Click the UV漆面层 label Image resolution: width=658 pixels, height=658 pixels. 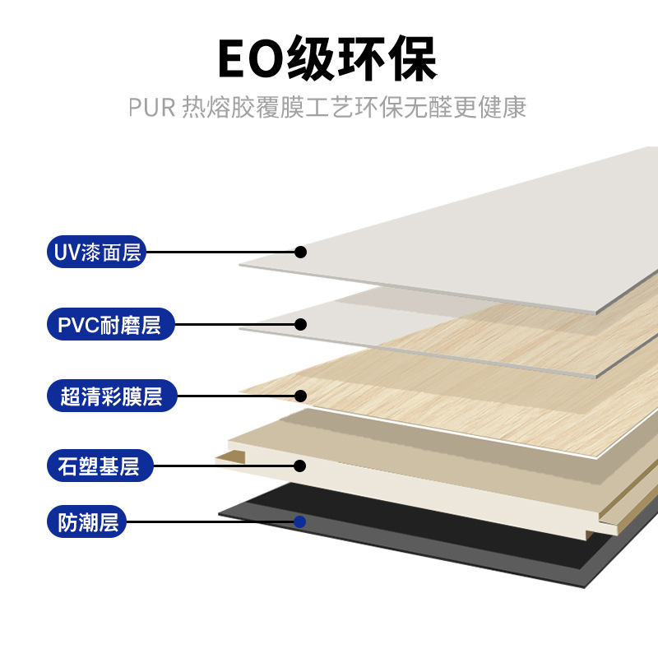click(x=96, y=252)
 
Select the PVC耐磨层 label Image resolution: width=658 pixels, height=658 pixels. click(x=109, y=324)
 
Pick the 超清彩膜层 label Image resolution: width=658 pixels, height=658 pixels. click(x=111, y=396)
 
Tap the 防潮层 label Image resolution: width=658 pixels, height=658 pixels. click(x=88, y=521)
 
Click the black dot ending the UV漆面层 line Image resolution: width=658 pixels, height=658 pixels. click(x=301, y=252)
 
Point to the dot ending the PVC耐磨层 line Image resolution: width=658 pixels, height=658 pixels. click(x=301, y=324)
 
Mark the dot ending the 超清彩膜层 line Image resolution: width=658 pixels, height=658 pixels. click(x=301, y=396)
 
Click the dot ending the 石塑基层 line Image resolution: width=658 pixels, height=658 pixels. click(x=300, y=466)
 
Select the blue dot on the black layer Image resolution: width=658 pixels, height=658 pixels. click(x=300, y=521)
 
